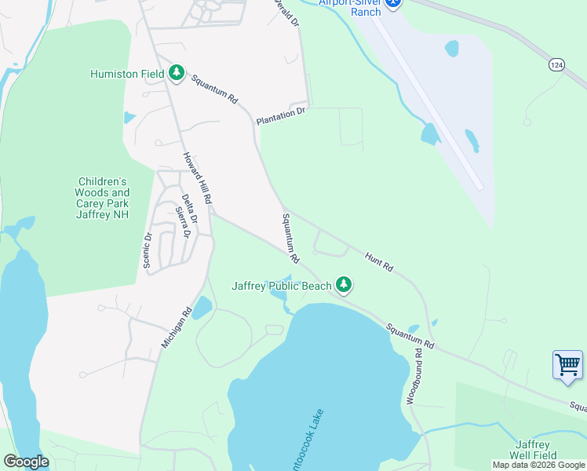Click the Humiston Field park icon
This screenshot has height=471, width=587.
click(177, 74)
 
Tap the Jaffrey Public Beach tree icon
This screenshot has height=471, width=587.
click(343, 285)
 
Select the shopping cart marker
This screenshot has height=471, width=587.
click(567, 365)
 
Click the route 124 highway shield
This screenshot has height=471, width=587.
click(556, 64)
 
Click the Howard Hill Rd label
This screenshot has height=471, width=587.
click(198, 178)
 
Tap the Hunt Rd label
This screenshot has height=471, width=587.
click(379, 261)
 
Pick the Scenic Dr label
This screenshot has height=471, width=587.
click(147, 250)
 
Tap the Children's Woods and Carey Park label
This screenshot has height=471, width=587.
click(102, 198)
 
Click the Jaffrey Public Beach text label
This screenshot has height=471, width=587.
click(282, 286)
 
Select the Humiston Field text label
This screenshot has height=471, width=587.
click(126, 75)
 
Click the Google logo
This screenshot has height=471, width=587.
click(26, 462)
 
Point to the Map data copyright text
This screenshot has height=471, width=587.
click(538, 465)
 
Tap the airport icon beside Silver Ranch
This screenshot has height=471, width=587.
click(394, 3)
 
